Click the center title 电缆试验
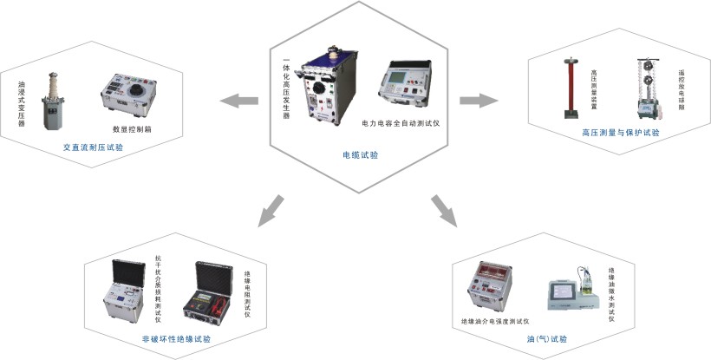click(360, 155)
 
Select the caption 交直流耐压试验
click(93, 147)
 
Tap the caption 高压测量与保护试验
click(620, 133)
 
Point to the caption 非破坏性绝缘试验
click(177, 338)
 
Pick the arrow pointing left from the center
click(238, 101)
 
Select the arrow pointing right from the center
click(478, 101)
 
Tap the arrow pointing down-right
click(444, 210)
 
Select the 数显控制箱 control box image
click(126, 93)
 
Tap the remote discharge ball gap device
click(651, 88)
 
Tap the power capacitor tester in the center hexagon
click(410, 84)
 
